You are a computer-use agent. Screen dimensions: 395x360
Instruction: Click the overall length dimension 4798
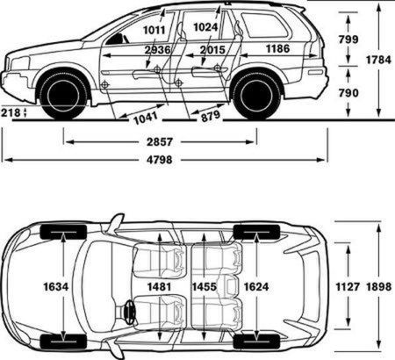tap(160, 160)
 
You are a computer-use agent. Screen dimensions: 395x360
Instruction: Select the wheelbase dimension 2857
tap(160, 142)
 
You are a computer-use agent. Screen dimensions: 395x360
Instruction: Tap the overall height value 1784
tap(378, 60)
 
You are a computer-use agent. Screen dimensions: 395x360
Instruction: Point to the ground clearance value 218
tap(11, 112)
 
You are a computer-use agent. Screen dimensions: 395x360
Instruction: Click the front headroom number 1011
tap(154, 30)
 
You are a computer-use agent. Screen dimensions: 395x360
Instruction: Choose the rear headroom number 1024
tap(205, 27)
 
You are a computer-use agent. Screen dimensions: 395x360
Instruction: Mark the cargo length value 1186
tap(277, 48)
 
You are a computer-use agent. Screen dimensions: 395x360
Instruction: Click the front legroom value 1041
tap(146, 118)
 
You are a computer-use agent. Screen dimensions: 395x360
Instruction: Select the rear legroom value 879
tap(211, 116)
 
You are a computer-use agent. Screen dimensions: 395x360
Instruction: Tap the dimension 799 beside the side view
tap(348, 40)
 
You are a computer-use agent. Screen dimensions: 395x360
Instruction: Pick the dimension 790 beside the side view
tap(348, 93)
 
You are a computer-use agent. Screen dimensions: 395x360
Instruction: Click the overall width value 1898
tap(379, 286)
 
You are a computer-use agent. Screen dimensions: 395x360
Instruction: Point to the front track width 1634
tap(56, 286)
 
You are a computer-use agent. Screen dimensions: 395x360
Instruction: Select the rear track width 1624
tap(256, 286)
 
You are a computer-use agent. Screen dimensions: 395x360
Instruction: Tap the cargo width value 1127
tap(348, 286)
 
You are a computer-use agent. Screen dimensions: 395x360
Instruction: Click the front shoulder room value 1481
tap(159, 286)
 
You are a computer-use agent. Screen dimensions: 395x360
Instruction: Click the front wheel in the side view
tap(63, 94)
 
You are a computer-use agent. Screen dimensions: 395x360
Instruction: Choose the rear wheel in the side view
tap(256, 94)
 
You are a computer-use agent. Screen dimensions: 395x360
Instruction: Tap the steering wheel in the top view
tap(129, 312)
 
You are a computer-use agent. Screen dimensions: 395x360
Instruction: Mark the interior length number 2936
tap(157, 50)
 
